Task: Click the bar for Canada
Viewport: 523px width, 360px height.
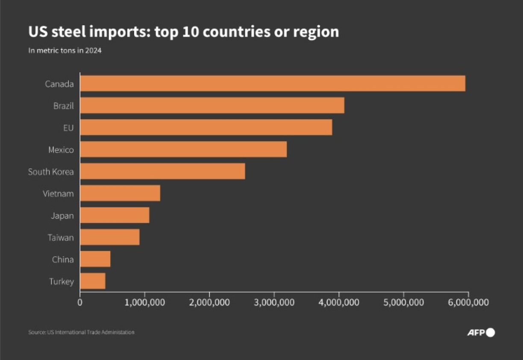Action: pyautogui.click(x=273, y=83)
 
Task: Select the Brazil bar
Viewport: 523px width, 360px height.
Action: pyautogui.click(x=212, y=105)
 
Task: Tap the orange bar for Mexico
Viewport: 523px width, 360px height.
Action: pyautogui.click(x=183, y=150)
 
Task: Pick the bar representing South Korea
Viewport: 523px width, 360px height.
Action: pyautogui.click(x=162, y=171)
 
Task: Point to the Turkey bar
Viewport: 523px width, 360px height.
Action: pyautogui.click(x=93, y=281)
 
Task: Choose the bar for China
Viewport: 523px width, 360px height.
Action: pyautogui.click(x=95, y=259)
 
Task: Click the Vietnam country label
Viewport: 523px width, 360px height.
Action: pyautogui.click(x=58, y=194)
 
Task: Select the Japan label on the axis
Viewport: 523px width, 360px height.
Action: pyautogui.click(x=62, y=215)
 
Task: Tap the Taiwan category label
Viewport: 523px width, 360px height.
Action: pyautogui.click(x=60, y=237)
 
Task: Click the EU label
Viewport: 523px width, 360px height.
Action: pyautogui.click(x=68, y=127)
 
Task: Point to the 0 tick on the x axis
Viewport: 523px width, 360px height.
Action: pyautogui.click(x=80, y=302)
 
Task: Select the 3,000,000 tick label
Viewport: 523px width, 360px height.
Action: pyautogui.click(x=274, y=302)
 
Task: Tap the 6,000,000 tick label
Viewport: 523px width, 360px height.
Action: pyautogui.click(x=468, y=302)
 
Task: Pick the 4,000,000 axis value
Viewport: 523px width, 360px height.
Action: pyautogui.click(x=339, y=302)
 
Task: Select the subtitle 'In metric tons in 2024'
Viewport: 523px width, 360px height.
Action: pyautogui.click(x=65, y=50)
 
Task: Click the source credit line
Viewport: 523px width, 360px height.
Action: pyautogui.click(x=81, y=332)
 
